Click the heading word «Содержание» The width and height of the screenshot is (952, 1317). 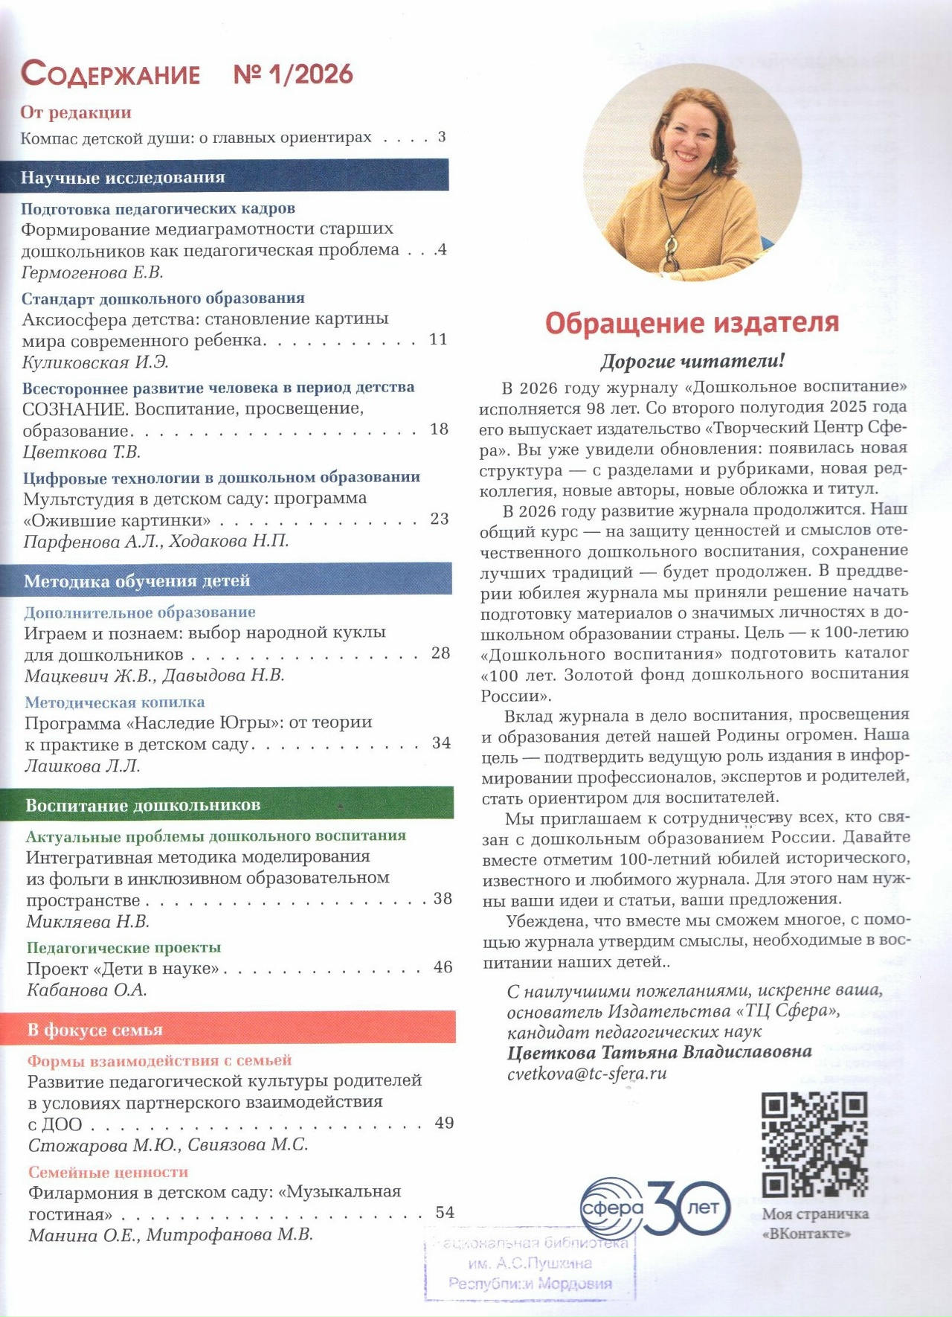[110, 74]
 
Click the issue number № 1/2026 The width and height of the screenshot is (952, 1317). [293, 74]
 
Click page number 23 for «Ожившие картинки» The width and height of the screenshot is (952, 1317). [440, 519]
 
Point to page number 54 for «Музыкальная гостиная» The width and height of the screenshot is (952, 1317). [445, 1212]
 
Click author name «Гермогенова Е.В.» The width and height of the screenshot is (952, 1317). [92, 272]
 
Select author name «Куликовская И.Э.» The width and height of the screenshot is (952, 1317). [95, 362]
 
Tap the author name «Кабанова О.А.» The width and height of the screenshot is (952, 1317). [87, 990]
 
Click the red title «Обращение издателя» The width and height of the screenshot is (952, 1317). [692, 323]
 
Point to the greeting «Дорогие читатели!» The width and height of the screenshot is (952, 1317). [692, 362]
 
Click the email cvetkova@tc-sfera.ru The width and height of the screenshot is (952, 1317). [587, 1074]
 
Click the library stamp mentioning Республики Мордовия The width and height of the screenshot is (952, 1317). [530, 1263]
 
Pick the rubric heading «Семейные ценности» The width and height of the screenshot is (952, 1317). [109, 1172]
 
